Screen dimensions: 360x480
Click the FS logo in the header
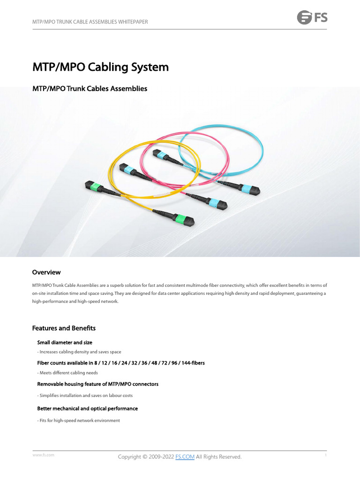pyautogui.click(x=312, y=18)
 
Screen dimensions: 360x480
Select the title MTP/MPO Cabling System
pyautogui.click(x=100, y=67)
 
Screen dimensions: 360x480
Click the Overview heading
pyautogui.click(x=46, y=272)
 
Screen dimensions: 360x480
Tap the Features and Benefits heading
pyautogui.click(x=64, y=328)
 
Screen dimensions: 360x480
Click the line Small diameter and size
pyautogui.click(x=68, y=343)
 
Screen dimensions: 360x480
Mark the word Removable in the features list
pyautogui.click(x=49, y=384)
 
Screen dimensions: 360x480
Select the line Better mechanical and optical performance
pyautogui.click(x=88, y=409)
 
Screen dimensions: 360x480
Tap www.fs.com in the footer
pyautogui.click(x=43, y=455)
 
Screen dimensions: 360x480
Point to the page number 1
pyautogui.click(x=325, y=455)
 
